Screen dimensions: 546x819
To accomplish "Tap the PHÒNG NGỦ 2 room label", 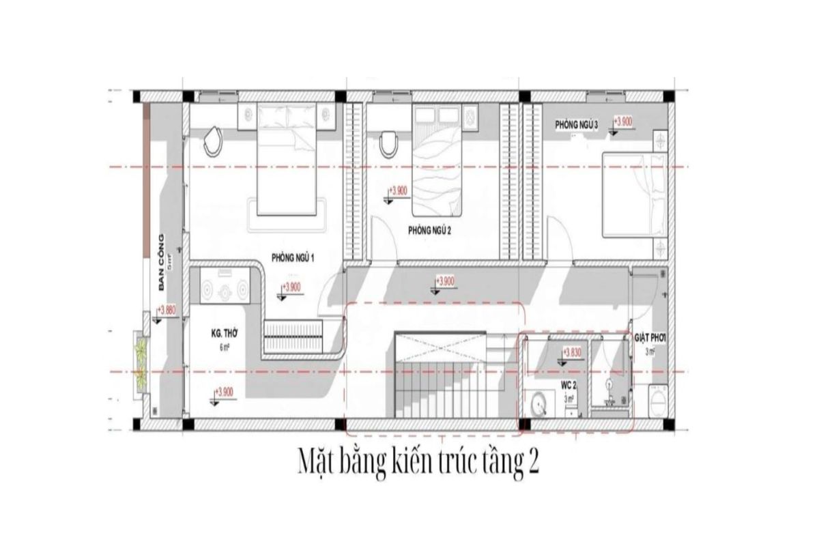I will click(430, 231).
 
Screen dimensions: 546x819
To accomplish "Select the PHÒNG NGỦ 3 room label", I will click(577, 124).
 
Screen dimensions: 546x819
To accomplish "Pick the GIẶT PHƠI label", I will click(650, 337).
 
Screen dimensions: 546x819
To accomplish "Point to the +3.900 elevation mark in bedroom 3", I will click(623, 121).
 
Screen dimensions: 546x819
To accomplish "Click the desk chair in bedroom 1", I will click(214, 140).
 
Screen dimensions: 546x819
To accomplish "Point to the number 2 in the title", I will click(533, 463).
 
